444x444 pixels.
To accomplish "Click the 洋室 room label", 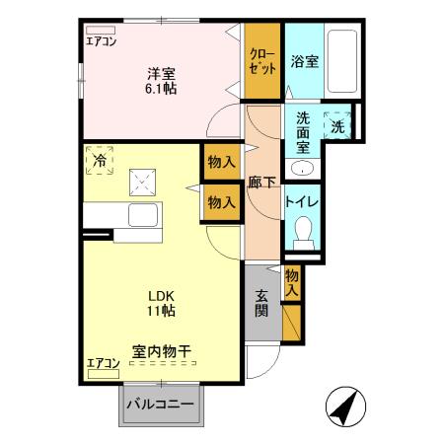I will (161, 73).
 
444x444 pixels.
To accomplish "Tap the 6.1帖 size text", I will (161, 88).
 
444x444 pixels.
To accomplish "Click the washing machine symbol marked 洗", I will (338, 125).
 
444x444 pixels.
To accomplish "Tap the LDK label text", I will (161, 294).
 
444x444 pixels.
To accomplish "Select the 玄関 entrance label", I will (261, 303).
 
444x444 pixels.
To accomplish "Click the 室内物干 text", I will (162, 349).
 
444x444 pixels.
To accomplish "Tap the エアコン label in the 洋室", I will (101, 40).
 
